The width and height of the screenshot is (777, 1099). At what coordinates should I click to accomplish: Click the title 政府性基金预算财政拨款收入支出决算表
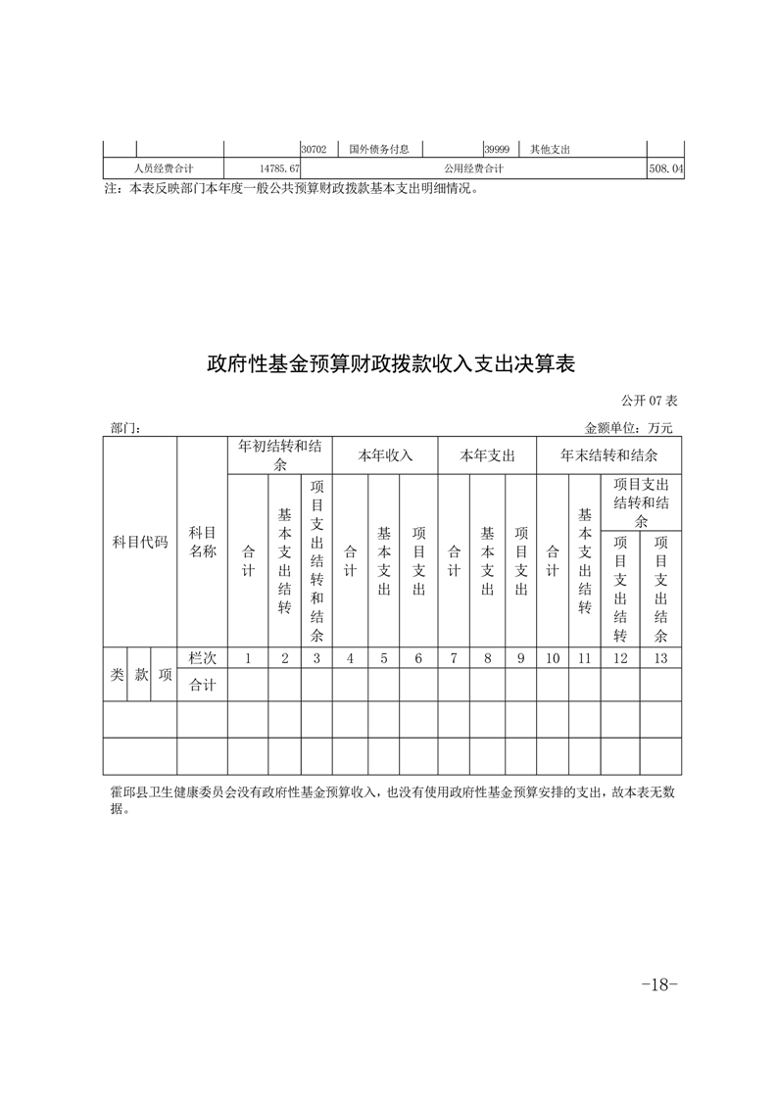pyautogui.click(x=389, y=365)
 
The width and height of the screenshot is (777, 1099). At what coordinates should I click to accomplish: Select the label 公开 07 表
pyautogui.click(x=649, y=402)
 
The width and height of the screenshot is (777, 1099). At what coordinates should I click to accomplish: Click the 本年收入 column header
pyautogui.click(x=384, y=455)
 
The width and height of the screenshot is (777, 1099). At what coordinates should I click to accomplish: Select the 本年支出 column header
pyautogui.click(x=487, y=455)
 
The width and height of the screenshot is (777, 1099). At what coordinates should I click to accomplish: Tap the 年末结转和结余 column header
pyautogui.click(x=608, y=455)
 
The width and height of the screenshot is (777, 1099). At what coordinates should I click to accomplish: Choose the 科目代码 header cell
pyautogui.click(x=140, y=542)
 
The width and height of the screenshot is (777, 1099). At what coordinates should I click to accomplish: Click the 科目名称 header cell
pyautogui.click(x=202, y=542)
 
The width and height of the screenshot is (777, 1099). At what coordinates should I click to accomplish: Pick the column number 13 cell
pyautogui.click(x=660, y=658)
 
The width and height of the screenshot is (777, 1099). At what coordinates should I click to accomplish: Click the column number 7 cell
pyautogui.click(x=453, y=658)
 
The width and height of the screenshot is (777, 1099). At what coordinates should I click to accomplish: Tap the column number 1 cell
pyautogui.click(x=248, y=658)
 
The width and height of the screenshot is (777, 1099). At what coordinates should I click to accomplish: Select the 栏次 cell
pyautogui.click(x=202, y=658)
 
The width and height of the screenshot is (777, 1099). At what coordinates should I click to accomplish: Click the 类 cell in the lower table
pyautogui.click(x=116, y=675)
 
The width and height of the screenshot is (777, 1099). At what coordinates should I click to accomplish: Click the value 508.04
pyautogui.click(x=665, y=169)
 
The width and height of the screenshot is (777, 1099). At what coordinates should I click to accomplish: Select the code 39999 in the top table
pyautogui.click(x=495, y=150)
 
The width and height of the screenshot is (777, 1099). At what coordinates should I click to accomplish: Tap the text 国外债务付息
pyautogui.click(x=379, y=150)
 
